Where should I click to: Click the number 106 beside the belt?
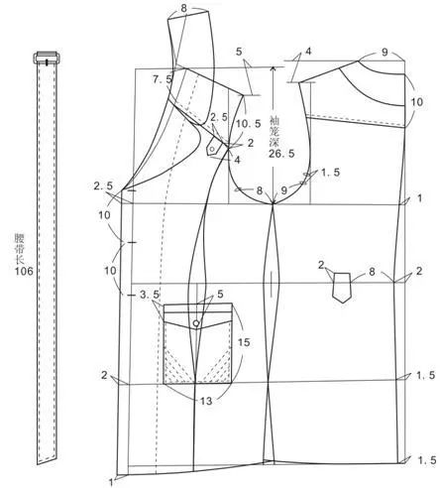click(x=24, y=271)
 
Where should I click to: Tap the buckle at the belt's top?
click(x=47, y=58)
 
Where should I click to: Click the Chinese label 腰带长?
click(x=19, y=249)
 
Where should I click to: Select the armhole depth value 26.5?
click(x=281, y=154)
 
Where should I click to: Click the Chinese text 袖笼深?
click(x=275, y=131)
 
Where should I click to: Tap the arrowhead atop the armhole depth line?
click(x=273, y=69)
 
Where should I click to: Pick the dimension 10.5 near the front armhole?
click(x=249, y=124)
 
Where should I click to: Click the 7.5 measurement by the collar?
click(x=163, y=79)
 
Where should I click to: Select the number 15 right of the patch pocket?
click(x=244, y=342)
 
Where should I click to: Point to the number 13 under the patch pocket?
click(x=206, y=401)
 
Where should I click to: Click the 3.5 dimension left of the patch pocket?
click(x=150, y=295)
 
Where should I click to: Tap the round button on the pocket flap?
click(x=196, y=322)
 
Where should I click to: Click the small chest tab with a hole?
click(x=212, y=148)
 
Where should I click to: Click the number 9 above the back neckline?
click(x=385, y=53)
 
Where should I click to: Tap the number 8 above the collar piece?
click(x=184, y=8)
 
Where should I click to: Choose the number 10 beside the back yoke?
click(x=417, y=102)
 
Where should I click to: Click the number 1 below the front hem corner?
click(x=111, y=482)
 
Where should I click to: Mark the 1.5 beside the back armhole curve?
click(x=331, y=173)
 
